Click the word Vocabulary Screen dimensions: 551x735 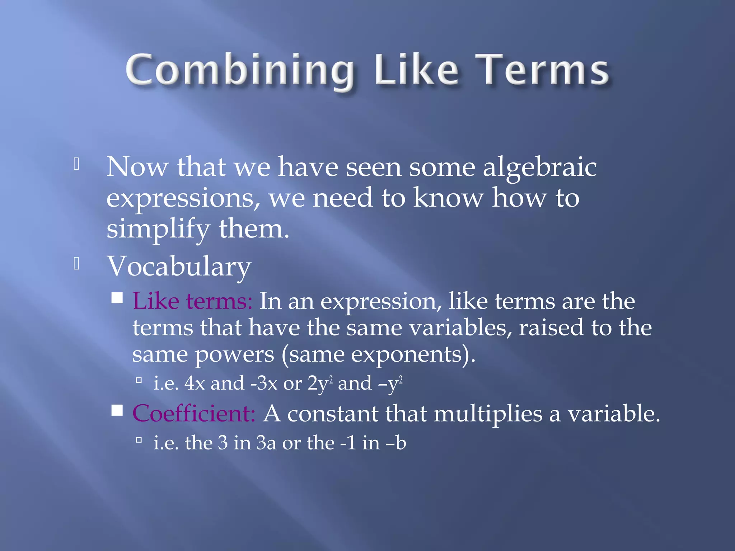pyautogui.click(x=179, y=267)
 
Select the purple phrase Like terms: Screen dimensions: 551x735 pyautogui.click(x=192, y=301)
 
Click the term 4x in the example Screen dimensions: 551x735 pyautogui.click(x=195, y=383)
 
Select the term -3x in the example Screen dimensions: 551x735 pyautogui.click(x=264, y=383)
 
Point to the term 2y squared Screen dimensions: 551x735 pyautogui.click(x=320, y=383)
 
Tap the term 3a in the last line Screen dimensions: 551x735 pyautogui.click(x=266, y=443)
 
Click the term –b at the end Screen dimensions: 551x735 pyautogui.click(x=396, y=443)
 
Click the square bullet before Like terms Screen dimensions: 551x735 pyautogui.click(x=117, y=298)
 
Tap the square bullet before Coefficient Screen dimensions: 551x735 pyautogui.click(x=117, y=410)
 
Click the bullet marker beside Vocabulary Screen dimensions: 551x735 pyautogui.click(x=76, y=264)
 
